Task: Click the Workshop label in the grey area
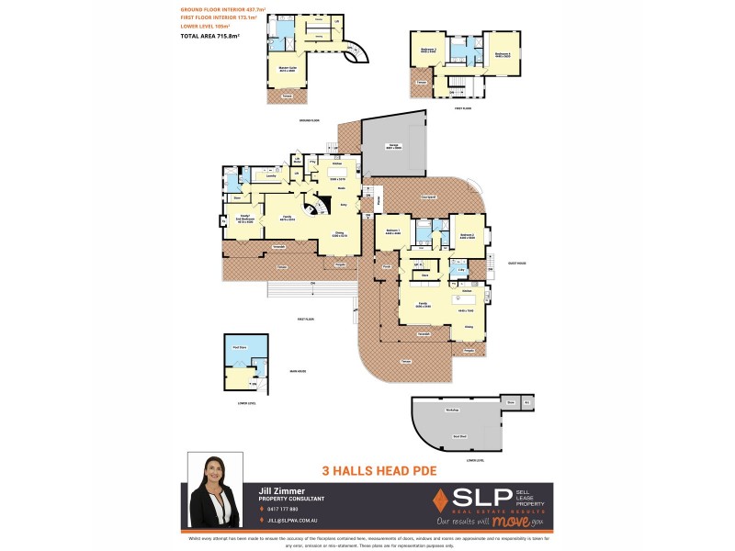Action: pyautogui.click(x=451, y=410)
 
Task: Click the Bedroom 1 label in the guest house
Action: pyautogui.click(x=393, y=231)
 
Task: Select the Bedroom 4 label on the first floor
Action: pyautogui.click(x=502, y=52)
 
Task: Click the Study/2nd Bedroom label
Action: pyautogui.click(x=245, y=217)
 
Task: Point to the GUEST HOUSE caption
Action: pyautogui.click(x=514, y=263)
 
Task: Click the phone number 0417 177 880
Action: pyautogui.click(x=287, y=509)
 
